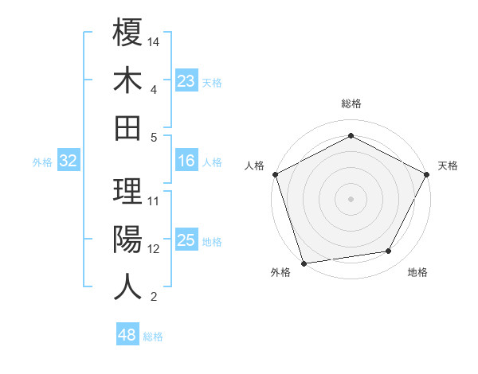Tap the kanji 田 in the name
pos(128,127)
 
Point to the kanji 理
pos(128,191)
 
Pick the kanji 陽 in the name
pos(128,239)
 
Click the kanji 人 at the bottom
pos(128,286)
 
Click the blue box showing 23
pos(186,80)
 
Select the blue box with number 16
pos(186,161)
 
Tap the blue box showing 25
pos(186,240)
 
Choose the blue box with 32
pos(68,161)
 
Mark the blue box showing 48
pos(127,335)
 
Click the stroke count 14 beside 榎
pos(154,40)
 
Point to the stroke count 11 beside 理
pos(154,201)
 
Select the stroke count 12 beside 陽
pos(154,249)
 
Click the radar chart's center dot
pos(351,198)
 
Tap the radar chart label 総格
pos(351,103)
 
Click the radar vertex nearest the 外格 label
pos(304,263)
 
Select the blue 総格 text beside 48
pos(153,337)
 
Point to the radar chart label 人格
pos(255,166)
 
